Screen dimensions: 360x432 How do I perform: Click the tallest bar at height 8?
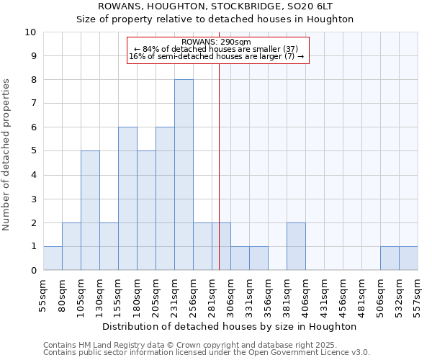[184, 175]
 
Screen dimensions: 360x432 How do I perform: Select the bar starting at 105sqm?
[90, 210]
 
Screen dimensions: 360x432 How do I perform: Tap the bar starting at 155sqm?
[127, 199]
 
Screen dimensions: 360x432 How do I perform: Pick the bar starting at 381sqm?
[296, 246]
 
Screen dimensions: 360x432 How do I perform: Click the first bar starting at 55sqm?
[53, 258]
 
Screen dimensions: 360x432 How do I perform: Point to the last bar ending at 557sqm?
[408, 258]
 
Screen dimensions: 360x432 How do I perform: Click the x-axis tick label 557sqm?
[418, 293]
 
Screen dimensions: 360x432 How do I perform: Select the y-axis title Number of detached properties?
[7, 156]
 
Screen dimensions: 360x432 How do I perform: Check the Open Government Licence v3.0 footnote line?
[207, 353]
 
